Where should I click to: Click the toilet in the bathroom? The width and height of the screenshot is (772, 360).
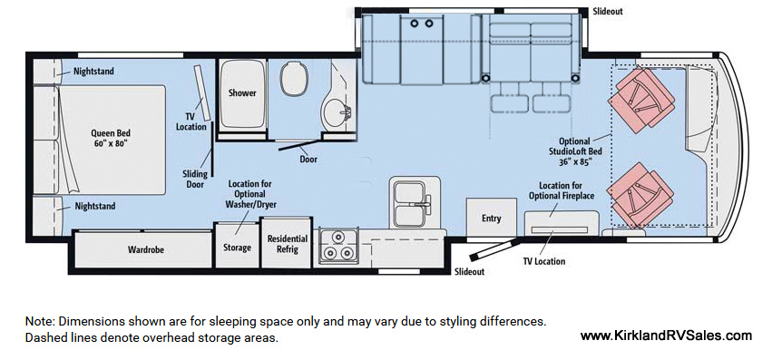pos(294,79)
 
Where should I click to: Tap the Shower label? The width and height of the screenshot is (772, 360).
pos(242,92)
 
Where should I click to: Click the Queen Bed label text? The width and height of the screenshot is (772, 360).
pos(111,138)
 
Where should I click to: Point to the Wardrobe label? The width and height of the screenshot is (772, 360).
pos(146,249)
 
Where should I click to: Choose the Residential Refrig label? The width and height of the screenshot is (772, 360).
pos(288,244)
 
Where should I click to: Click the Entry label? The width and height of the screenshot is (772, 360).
pos(491,219)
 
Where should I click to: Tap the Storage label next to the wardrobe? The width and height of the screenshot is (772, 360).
pos(238,248)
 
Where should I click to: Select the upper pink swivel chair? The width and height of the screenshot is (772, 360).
pos(640,98)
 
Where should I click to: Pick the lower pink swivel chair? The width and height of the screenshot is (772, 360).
pos(640,193)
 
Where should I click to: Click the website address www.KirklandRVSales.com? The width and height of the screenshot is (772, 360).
pos(666,336)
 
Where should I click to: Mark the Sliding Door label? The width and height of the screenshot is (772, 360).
pos(194,180)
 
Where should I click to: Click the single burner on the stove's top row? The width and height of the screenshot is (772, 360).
pos(337,238)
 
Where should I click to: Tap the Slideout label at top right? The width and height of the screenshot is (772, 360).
pos(608,11)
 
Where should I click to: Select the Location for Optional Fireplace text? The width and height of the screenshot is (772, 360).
pos(562,190)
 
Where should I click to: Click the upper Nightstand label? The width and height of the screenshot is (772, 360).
pos(93,72)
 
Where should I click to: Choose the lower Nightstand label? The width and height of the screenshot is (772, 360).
pos(95,206)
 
